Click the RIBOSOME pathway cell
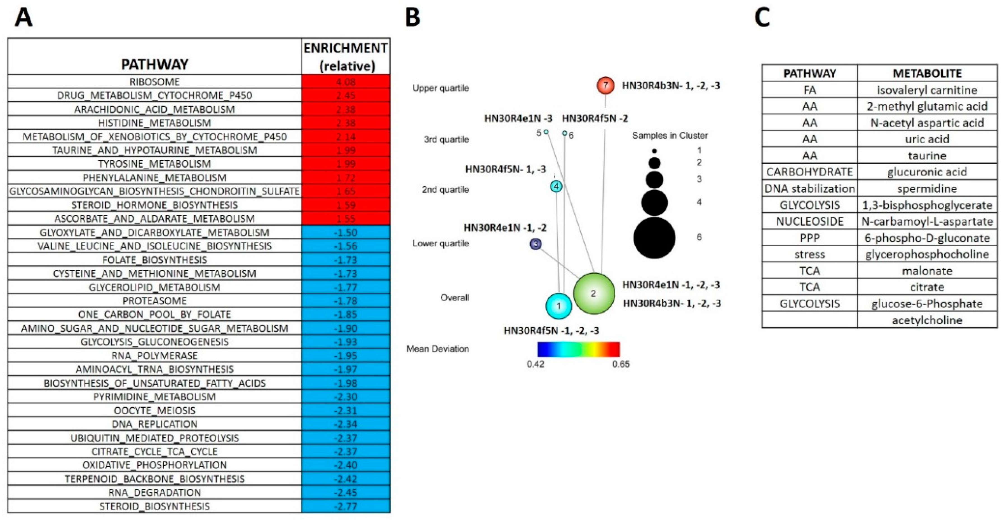point(154,82)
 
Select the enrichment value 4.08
point(346,82)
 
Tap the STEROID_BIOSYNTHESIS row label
point(154,506)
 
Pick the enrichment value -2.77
point(346,506)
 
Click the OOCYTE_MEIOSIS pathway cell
point(154,410)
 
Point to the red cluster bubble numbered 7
point(605,85)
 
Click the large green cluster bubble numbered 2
point(594,293)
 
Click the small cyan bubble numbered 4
point(556,186)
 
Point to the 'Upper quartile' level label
point(441,88)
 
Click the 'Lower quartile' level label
point(441,243)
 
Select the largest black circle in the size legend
point(654,238)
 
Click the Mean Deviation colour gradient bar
point(578,349)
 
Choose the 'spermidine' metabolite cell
point(927,188)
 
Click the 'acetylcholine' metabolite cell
point(927,320)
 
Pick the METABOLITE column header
point(927,73)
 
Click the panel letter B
point(412,18)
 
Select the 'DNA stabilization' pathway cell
point(809,188)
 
